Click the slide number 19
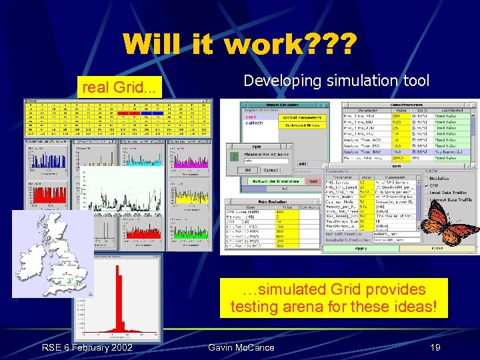435,347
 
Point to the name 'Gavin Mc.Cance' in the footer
241,347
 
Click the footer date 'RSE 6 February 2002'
87,347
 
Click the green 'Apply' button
360,248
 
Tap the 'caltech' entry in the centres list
254,123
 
